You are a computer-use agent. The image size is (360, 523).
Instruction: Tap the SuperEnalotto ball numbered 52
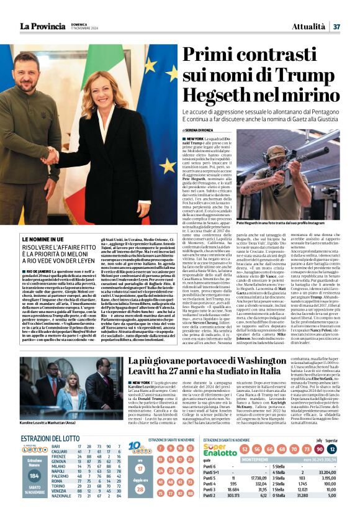tap(241, 449)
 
